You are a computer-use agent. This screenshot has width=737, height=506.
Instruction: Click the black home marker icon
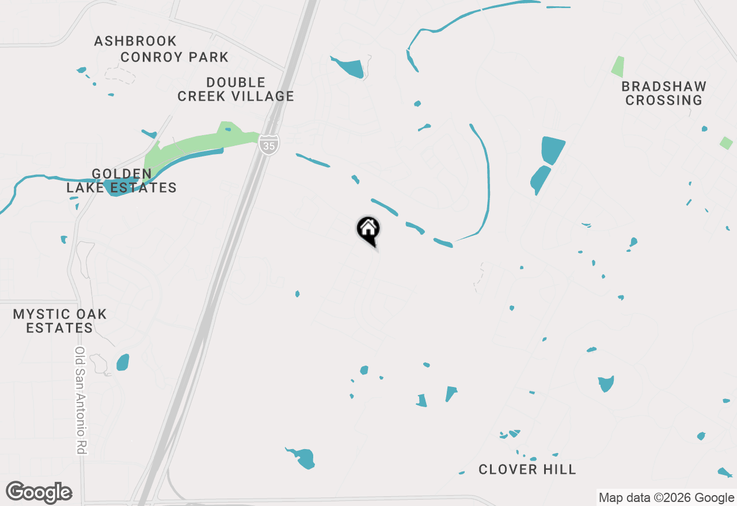368,229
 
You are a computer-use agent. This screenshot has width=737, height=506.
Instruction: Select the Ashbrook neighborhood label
135,41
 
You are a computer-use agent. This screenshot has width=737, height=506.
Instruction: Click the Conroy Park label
174,57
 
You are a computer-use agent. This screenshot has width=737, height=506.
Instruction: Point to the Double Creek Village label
235,90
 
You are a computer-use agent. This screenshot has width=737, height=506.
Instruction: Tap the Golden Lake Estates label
121,181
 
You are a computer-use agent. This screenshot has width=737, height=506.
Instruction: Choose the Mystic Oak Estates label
60,321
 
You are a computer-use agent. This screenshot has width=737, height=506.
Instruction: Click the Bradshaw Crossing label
664,94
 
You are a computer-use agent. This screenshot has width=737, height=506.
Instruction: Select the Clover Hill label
527,470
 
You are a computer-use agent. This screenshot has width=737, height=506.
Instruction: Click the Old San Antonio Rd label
80,401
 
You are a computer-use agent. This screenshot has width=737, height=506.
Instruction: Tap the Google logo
39,493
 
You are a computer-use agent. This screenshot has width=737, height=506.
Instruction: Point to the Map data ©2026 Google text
666,498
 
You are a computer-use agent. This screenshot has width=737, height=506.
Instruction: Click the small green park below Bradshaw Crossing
726,143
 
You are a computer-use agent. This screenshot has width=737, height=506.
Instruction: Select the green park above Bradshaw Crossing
617,67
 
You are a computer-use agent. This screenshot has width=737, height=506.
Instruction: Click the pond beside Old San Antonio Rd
123,362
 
